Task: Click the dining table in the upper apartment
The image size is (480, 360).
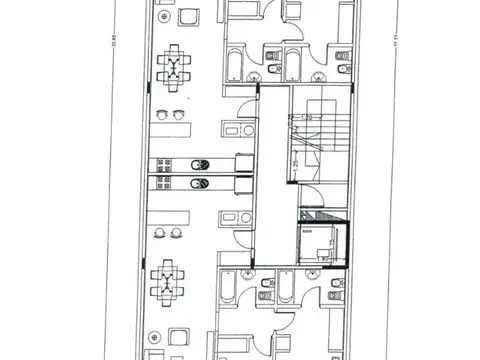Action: pyautogui.click(x=176, y=67)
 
